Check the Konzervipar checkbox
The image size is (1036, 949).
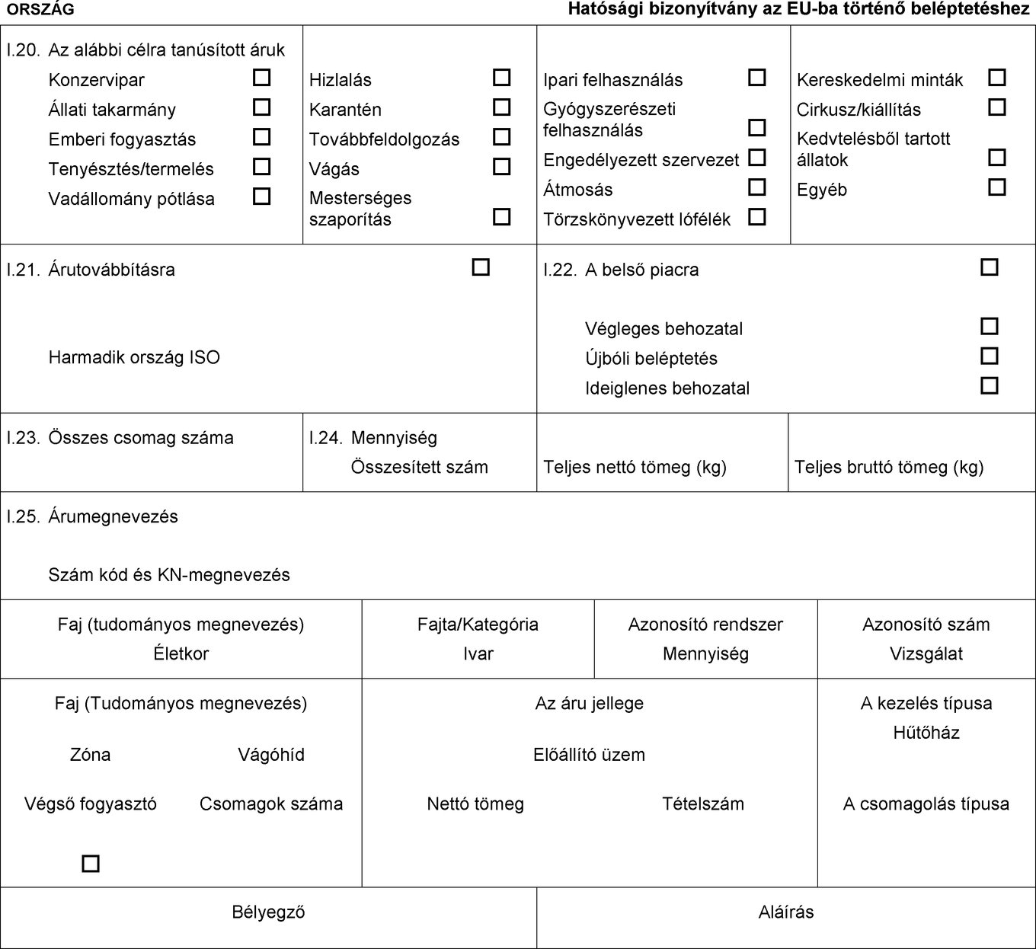click(261, 78)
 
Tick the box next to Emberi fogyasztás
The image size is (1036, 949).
click(261, 137)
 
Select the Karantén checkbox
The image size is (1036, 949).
click(501, 107)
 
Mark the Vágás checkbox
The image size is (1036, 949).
click(501, 167)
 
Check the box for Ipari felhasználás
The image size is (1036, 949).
click(756, 78)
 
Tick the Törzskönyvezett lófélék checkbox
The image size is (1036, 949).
click(756, 217)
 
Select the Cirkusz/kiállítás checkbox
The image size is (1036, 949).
click(996, 107)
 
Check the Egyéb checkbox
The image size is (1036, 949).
click(996, 187)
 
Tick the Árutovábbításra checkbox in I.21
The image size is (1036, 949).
click(481, 267)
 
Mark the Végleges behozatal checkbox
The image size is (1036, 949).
click(989, 327)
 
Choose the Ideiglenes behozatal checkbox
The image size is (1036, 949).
click(989, 386)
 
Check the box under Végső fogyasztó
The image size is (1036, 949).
click(91, 864)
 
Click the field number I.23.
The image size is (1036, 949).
click(23, 438)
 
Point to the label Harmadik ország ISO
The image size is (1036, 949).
click(134, 357)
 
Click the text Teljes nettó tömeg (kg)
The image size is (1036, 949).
click(635, 468)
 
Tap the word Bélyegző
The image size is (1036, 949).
click(268, 912)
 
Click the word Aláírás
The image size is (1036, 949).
click(786, 912)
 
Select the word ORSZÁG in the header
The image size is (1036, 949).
click(40, 9)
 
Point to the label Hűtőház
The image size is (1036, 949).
click(926, 733)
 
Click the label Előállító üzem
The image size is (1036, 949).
click(589, 755)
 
